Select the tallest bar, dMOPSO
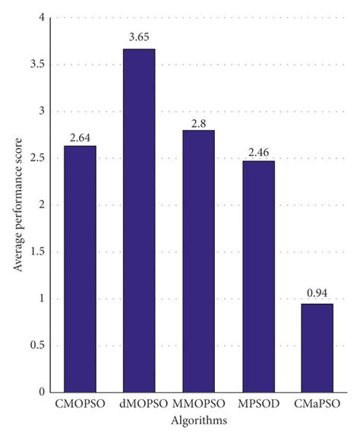[139, 220]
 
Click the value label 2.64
[80, 138]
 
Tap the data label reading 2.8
[198, 122]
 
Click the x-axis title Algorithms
[197, 419]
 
